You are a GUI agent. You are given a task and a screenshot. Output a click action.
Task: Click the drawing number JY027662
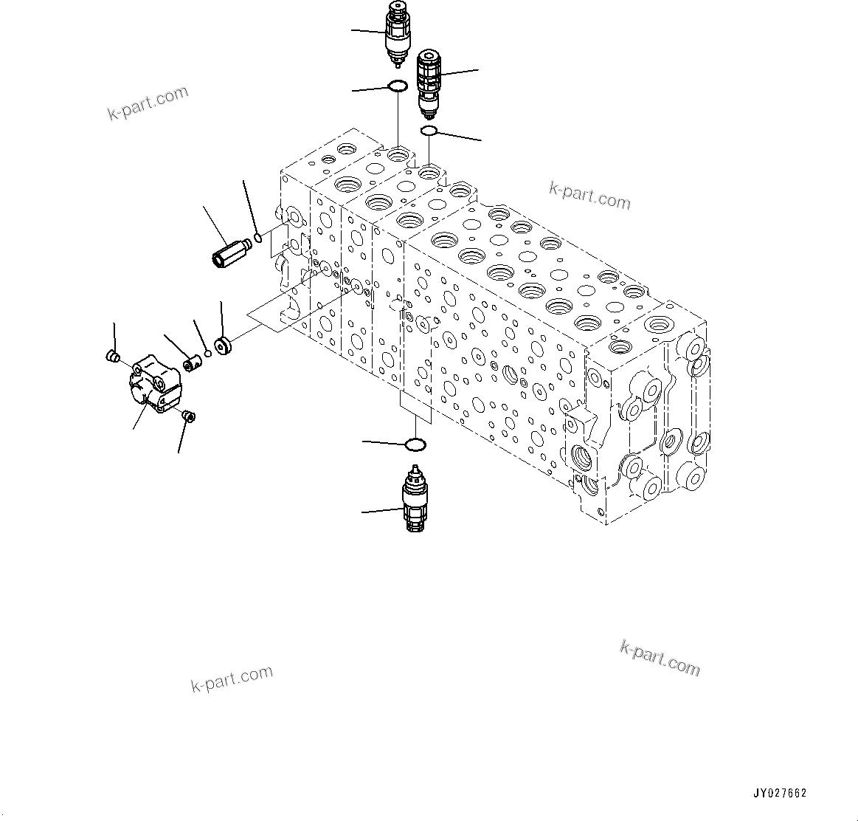(x=780, y=794)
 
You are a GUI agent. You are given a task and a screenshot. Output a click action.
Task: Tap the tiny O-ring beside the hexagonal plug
(x=257, y=237)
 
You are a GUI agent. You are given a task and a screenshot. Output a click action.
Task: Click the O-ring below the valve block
(x=416, y=444)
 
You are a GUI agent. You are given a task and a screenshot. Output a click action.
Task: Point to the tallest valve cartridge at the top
(x=397, y=33)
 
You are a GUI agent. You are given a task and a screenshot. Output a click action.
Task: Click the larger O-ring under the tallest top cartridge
(x=398, y=87)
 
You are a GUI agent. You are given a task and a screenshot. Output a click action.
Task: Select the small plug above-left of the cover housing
(x=113, y=357)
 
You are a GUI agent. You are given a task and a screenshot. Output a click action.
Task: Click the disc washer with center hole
(x=222, y=346)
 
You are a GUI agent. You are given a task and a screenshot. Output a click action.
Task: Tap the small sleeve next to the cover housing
(x=192, y=363)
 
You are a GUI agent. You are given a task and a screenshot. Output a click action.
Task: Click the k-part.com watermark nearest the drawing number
(x=660, y=657)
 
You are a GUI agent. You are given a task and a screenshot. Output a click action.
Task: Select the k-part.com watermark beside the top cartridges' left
(x=148, y=103)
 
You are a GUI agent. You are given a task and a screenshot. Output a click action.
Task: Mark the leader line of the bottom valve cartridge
(x=381, y=510)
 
